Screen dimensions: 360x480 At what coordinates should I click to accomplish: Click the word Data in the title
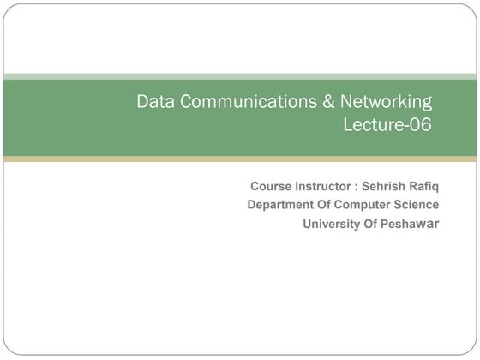pyautogui.click(x=155, y=102)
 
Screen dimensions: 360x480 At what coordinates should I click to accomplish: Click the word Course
pyautogui.click(x=269, y=186)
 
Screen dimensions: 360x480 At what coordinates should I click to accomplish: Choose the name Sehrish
pyautogui.click(x=384, y=186)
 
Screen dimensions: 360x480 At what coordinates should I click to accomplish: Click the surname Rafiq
pyautogui.click(x=424, y=186)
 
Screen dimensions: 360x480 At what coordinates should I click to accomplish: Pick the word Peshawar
pyautogui.click(x=412, y=224)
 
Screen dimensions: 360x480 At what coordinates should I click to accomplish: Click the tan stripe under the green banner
pyautogui.click(x=240, y=159)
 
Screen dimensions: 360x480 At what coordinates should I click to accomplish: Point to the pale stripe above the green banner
pyautogui.click(x=240, y=75)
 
